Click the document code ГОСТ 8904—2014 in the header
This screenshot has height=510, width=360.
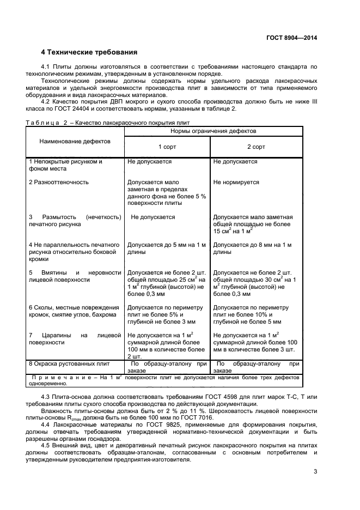[291, 38]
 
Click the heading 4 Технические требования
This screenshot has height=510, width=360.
[89, 52]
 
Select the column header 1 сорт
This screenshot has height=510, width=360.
[167, 147]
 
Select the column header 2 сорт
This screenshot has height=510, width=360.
[256, 147]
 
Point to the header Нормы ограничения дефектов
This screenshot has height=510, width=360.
[213, 131]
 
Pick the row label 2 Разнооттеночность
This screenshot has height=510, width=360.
[59, 182]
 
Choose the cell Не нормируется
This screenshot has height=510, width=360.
[236, 182]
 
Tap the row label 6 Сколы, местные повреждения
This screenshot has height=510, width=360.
[73, 307]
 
